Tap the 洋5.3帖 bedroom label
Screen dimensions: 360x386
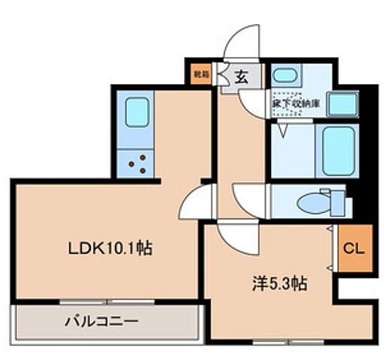[x=278, y=284]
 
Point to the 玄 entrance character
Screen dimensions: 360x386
[x=242, y=75]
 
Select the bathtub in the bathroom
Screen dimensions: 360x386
[x=338, y=149]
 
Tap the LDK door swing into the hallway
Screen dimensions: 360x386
[x=193, y=201]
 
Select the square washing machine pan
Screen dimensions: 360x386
[x=342, y=103]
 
